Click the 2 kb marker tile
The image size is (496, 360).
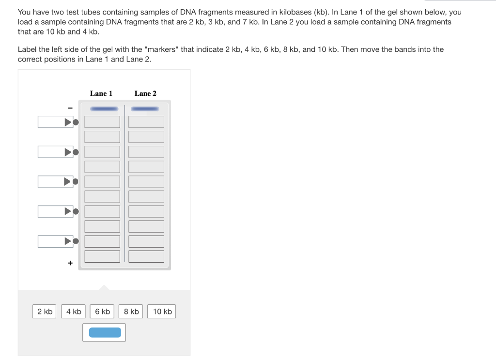45,312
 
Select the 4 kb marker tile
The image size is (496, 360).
74,312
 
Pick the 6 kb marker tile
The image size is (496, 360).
102,312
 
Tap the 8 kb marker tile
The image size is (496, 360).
131,312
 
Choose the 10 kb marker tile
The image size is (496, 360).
162,312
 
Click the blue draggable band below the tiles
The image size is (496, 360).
105,332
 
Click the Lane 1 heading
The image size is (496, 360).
101,94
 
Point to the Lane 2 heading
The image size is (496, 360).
145,94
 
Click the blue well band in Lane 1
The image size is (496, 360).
104,109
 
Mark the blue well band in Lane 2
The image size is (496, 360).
146,109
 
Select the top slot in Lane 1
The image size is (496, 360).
102,122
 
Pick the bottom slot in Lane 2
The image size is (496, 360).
146,256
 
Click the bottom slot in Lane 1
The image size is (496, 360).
102,256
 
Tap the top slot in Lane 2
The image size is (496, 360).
146,122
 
